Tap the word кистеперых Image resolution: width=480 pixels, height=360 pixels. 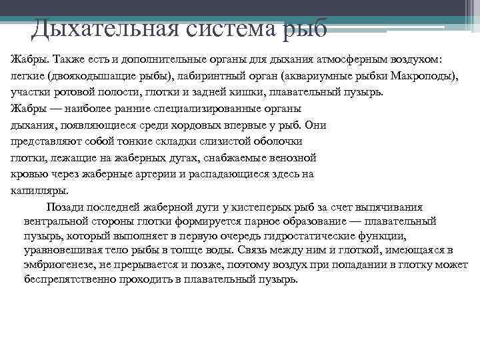click(x=253, y=208)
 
